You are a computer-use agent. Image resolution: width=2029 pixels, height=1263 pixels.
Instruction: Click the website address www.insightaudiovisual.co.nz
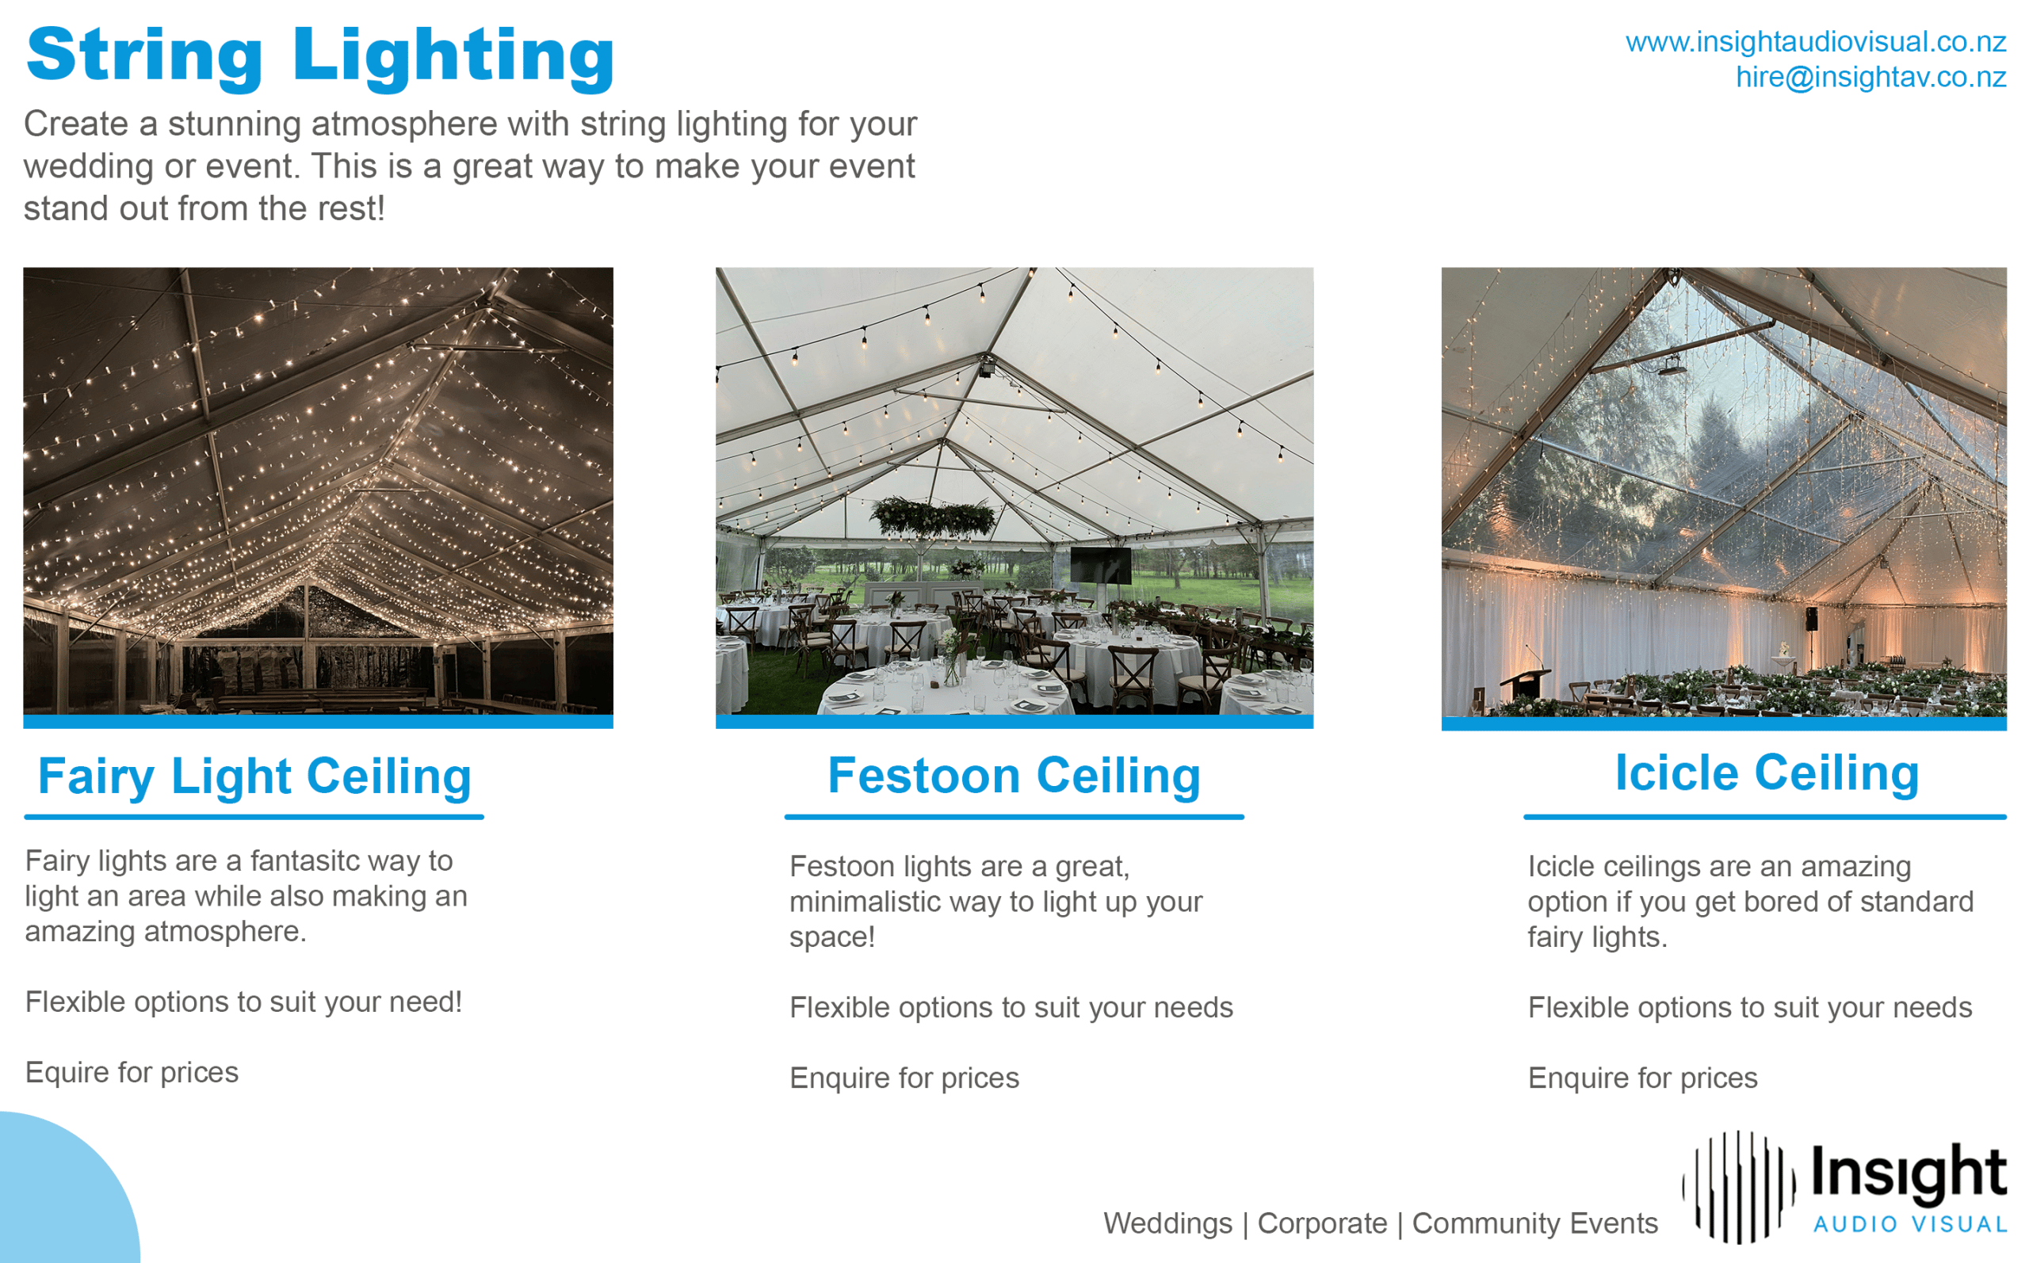tap(1816, 41)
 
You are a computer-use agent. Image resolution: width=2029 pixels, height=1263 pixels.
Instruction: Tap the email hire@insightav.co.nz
tap(1871, 77)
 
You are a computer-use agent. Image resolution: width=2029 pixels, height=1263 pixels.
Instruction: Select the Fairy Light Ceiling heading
tap(254, 776)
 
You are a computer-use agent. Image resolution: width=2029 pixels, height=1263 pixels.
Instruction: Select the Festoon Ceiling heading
tap(1014, 775)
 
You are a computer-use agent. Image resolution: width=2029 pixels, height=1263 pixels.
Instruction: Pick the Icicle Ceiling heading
tap(1767, 772)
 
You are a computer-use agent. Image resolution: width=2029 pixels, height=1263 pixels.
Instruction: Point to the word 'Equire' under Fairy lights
tap(66, 1074)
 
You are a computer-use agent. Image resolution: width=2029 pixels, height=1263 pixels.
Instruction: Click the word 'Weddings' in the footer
tap(1167, 1223)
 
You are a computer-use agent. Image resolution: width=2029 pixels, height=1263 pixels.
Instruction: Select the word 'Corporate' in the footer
tap(1322, 1223)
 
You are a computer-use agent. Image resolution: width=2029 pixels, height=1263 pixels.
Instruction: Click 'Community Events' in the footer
tap(1534, 1223)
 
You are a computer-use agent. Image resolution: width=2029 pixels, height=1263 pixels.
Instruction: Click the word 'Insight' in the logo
tap(1909, 1173)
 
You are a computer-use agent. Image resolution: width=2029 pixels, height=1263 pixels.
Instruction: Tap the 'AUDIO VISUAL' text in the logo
tap(1910, 1225)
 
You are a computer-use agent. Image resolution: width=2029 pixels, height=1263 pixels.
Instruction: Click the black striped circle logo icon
tap(1738, 1187)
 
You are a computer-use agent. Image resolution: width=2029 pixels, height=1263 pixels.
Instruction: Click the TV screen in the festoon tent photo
tap(1100, 566)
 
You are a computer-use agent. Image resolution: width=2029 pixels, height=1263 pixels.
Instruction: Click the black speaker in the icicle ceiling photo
tap(1812, 619)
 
